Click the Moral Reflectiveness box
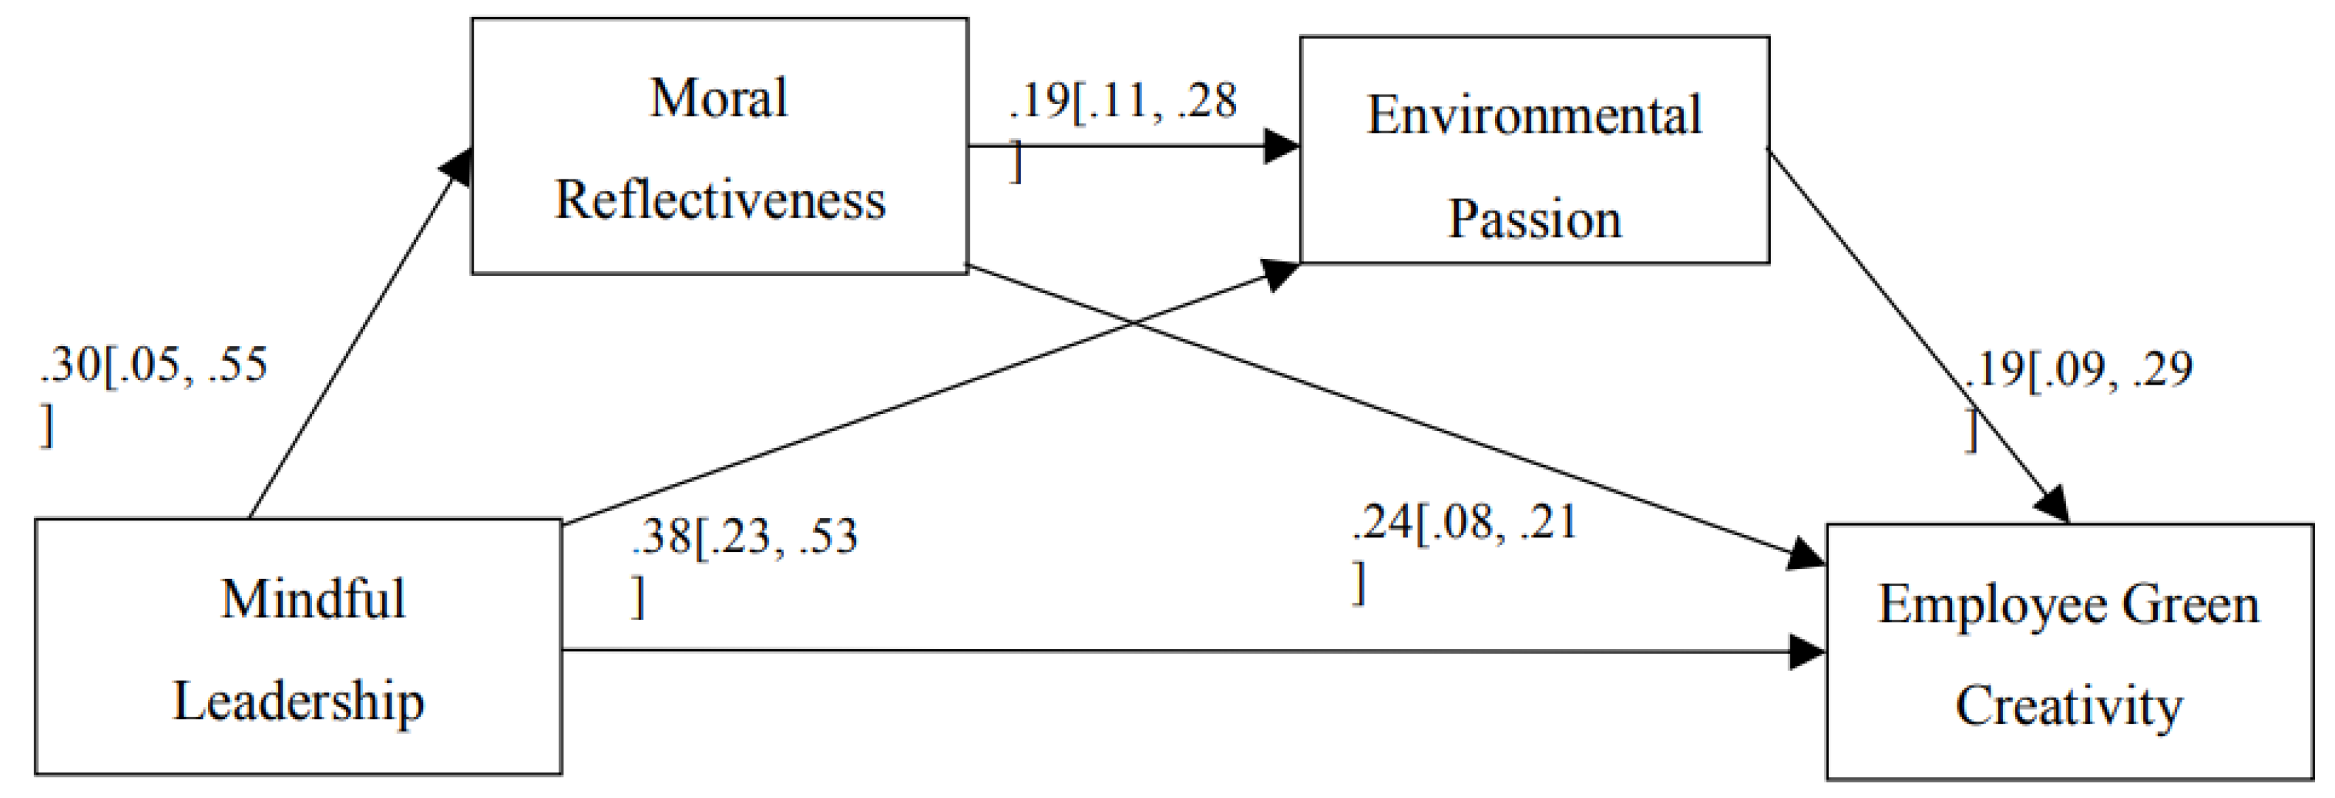click(x=719, y=146)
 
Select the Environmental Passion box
click(x=1534, y=150)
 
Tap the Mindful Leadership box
click(x=297, y=647)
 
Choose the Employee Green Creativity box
click(x=2069, y=651)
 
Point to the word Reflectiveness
click(x=720, y=199)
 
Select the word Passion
click(x=1534, y=219)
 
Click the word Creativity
click(x=2069, y=706)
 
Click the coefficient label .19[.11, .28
click(x=1123, y=100)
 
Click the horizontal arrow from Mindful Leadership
click(x=1179, y=650)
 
